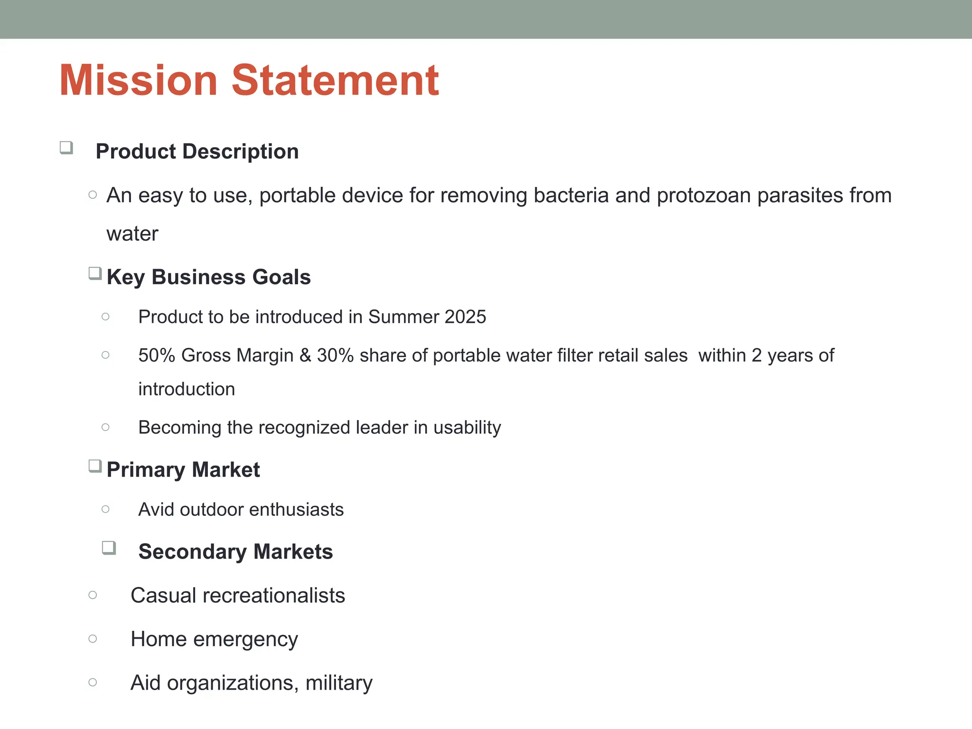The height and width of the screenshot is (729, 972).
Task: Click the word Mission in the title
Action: coord(138,80)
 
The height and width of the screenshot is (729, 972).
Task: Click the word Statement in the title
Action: coord(335,80)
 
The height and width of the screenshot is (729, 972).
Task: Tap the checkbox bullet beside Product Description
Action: coord(66,148)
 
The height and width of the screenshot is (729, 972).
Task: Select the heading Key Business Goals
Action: coord(208,277)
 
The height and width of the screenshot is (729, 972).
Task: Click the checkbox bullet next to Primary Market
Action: coord(95,466)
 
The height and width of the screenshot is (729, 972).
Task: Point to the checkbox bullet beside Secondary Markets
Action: coord(109,548)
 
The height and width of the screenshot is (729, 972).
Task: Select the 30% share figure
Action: coord(335,355)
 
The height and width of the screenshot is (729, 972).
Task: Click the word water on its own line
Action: coord(132,234)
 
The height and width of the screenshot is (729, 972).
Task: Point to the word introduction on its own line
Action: coord(187,389)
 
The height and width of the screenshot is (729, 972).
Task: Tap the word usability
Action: coord(467,427)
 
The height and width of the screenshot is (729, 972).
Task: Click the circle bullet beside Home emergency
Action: coord(93,639)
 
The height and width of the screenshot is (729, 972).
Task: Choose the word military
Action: coord(339,682)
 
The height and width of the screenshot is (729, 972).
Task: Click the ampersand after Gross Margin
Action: coord(305,355)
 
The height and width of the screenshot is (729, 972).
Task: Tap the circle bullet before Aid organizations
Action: coord(93,682)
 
